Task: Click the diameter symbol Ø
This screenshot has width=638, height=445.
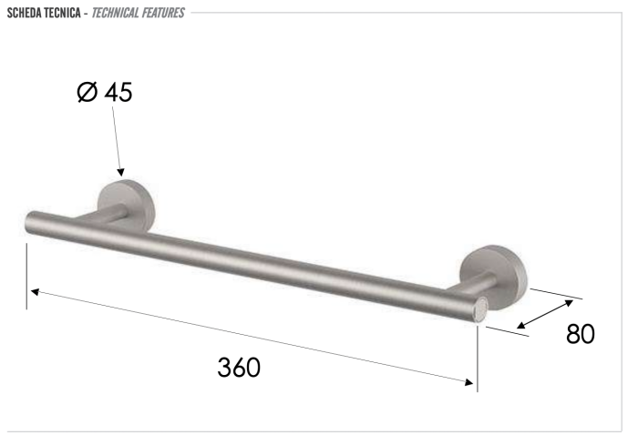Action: click(x=87, y=92)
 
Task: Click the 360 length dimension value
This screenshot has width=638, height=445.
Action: click(x=239, y=367)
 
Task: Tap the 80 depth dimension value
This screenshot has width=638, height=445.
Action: click(x=580, y=334)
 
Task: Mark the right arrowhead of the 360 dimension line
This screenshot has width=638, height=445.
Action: click(x=471, y=382)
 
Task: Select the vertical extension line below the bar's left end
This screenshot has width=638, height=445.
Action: click(x=26, y=273)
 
